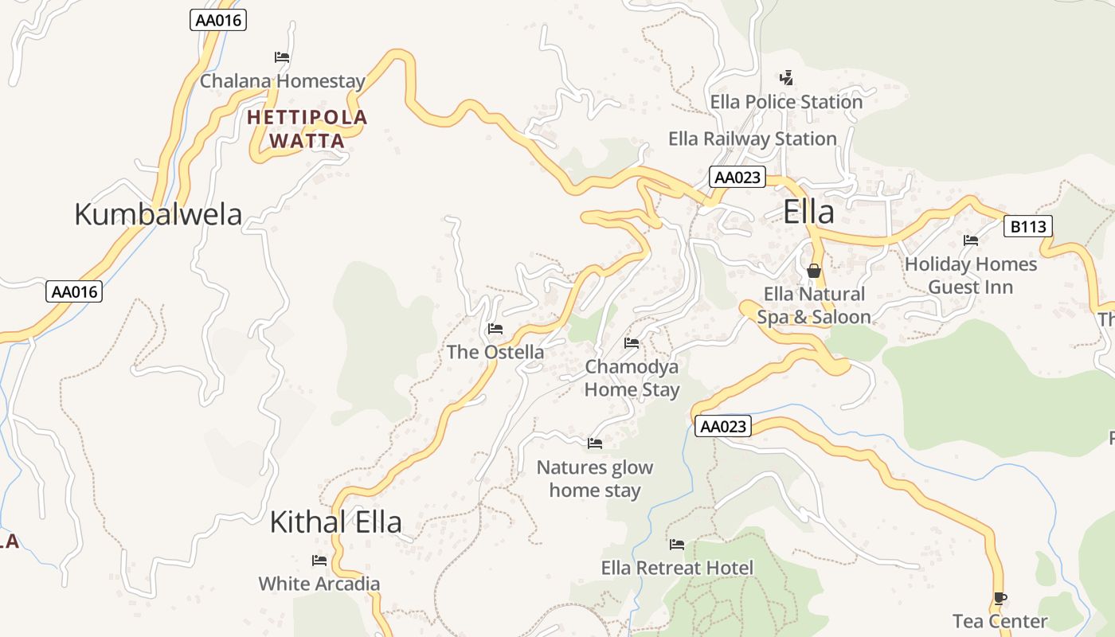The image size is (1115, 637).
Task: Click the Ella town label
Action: coord(808,213)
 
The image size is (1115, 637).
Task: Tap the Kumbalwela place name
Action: coord(158,215)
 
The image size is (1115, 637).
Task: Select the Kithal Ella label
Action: coord(335,522)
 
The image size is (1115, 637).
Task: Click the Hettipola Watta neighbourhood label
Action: coord(307,129)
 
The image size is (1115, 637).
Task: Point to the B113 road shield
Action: coord(1027,227)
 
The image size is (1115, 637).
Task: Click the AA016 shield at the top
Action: coord(218,21)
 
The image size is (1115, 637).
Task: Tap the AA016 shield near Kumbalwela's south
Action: coord(74,291)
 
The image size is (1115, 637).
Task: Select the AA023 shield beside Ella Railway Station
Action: coord(737,177)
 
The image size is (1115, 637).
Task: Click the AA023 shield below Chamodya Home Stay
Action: coord(723,427)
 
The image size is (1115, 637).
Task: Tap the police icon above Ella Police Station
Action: coord(787,78)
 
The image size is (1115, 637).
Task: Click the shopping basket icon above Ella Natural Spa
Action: coord(813,271)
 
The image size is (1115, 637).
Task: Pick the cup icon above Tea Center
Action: coord(1000,598)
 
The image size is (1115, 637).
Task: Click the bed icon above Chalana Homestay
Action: coord(281,57)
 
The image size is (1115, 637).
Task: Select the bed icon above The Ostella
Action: coord(495,329)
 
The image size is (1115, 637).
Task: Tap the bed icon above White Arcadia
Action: coord(319,561)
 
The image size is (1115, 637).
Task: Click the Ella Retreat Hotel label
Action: coord(677,568)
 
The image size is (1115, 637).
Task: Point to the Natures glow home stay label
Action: coord(595,479)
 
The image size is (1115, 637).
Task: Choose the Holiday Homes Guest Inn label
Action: coord(970,275)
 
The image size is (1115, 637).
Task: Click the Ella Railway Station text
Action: coord(752,139)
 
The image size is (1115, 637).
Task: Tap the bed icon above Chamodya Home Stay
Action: coord(632,343)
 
